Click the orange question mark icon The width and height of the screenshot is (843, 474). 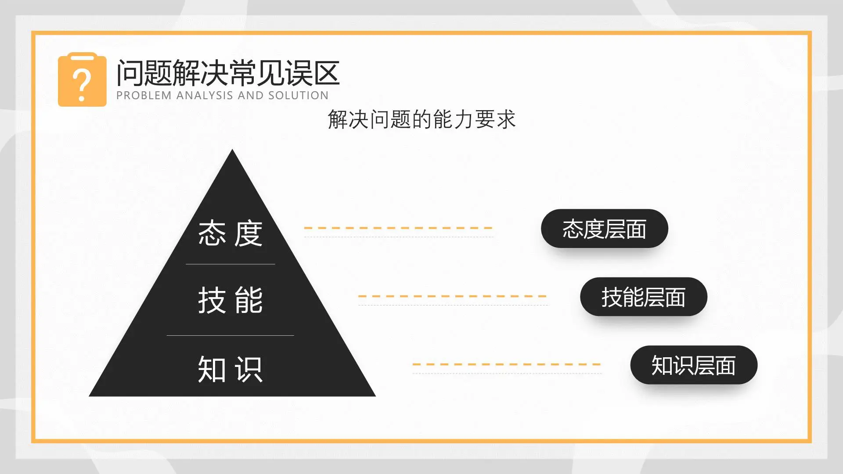pyautogui.click(x=82, y=80)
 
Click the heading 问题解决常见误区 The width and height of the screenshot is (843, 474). pyautogui.click(x=228, y=73)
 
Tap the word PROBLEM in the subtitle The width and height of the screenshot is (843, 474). pyautogui.click(x=144, y=96)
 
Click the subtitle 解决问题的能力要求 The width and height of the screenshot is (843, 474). pyautogui.click(x=421, y=119)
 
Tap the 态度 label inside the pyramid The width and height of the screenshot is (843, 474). pyautogui.click(x=231, y=233)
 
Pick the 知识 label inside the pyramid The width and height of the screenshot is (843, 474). pyautogui.click(x=231, y=369)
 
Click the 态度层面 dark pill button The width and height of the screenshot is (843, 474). pyautogui.click(x=604, y=229)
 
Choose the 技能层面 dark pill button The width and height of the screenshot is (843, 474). pyautogui.click(x=643, y=297)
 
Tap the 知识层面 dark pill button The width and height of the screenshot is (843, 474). pyautogui.click(x=694, y=365)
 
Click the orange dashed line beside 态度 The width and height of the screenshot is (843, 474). pyautogui.click(x=398, y=228)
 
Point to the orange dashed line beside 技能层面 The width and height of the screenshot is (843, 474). pyautogui.click(x=452, y=296)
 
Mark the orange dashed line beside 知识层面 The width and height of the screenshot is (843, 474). pyautogui.click(x=506, y=364)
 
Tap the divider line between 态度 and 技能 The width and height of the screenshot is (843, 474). pyautogui.click(x=231, y=264)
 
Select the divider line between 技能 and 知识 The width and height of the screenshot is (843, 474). pyautogui.click(x=231, y=335)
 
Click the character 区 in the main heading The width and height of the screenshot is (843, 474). pyautogui.click(x=326, y=73)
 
